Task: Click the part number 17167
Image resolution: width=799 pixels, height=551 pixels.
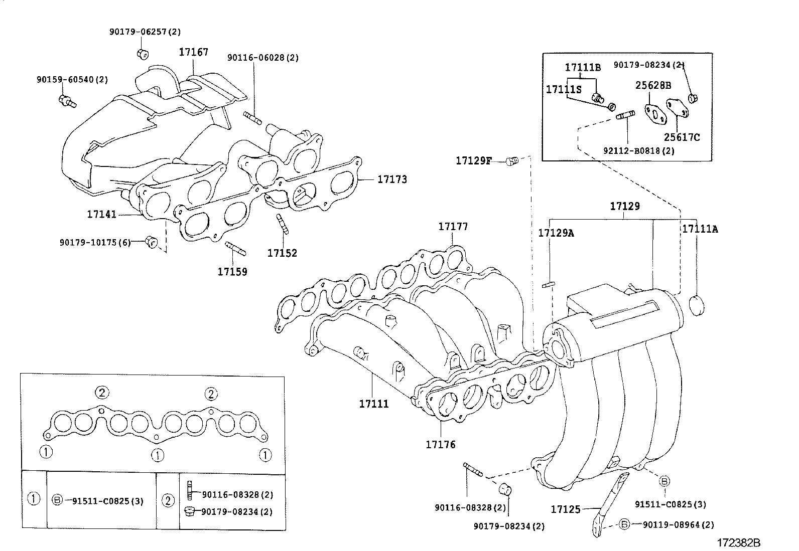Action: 193,52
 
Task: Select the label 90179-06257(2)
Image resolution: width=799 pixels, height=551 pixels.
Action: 145,32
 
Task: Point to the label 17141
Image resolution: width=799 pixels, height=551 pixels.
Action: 101,214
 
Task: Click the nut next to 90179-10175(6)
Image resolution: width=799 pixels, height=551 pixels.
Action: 151,242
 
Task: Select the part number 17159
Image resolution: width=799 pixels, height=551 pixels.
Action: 232,272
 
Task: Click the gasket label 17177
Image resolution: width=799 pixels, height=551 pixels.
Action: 453,227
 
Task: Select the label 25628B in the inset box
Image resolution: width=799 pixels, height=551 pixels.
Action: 653,85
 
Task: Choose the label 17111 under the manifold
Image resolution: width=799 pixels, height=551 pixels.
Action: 373,404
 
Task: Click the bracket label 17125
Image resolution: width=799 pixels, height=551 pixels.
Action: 566,509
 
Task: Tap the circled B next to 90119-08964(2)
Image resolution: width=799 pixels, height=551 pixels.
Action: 624,524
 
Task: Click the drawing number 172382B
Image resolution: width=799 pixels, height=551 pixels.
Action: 738,543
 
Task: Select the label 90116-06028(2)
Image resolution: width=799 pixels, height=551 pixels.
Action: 262,58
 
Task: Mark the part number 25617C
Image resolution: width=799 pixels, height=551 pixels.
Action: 682,137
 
